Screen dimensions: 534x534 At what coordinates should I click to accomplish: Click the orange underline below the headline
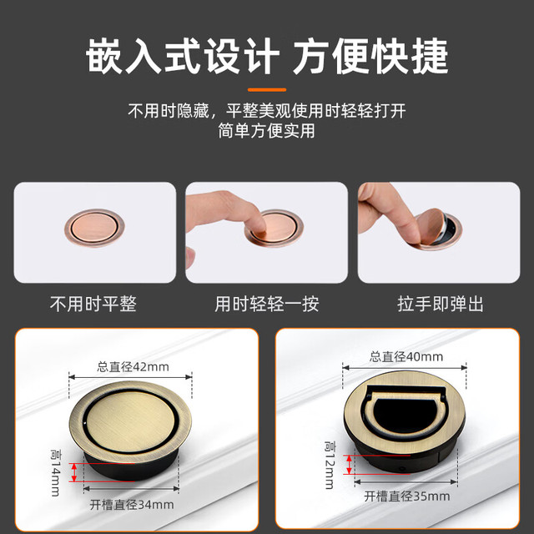(x=267, y=90)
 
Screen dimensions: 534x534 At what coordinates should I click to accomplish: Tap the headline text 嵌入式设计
(x=183, y=56)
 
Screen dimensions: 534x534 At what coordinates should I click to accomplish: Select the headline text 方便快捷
(x=370, y=56)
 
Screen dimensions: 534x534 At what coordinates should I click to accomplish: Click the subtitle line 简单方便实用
(x=267, y=131)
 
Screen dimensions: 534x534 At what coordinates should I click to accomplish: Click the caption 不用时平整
(x=93, y=304)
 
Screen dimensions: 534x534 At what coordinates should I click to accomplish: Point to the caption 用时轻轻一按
(x=267, y=304)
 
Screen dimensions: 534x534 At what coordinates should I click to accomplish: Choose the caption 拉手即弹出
(x=440, y=304)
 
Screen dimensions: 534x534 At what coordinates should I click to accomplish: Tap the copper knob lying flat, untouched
(x=94, y=228)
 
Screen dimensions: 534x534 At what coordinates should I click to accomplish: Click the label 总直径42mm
(x=133, y=367)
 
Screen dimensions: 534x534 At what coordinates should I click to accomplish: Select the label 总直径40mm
(x=406, y=356)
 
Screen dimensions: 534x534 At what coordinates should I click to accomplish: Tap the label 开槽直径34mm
(x=132, y=504)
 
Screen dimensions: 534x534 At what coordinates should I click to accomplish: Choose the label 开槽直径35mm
(x=407, y=496)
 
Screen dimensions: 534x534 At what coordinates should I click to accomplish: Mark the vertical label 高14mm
(x=56, y=473)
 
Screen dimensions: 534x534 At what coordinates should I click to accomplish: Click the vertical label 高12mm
(x=330, y=465)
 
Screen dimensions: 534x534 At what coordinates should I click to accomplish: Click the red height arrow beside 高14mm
(x=74, y=472)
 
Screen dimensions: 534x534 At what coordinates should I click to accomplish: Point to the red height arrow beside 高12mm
(x=349, y=465)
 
